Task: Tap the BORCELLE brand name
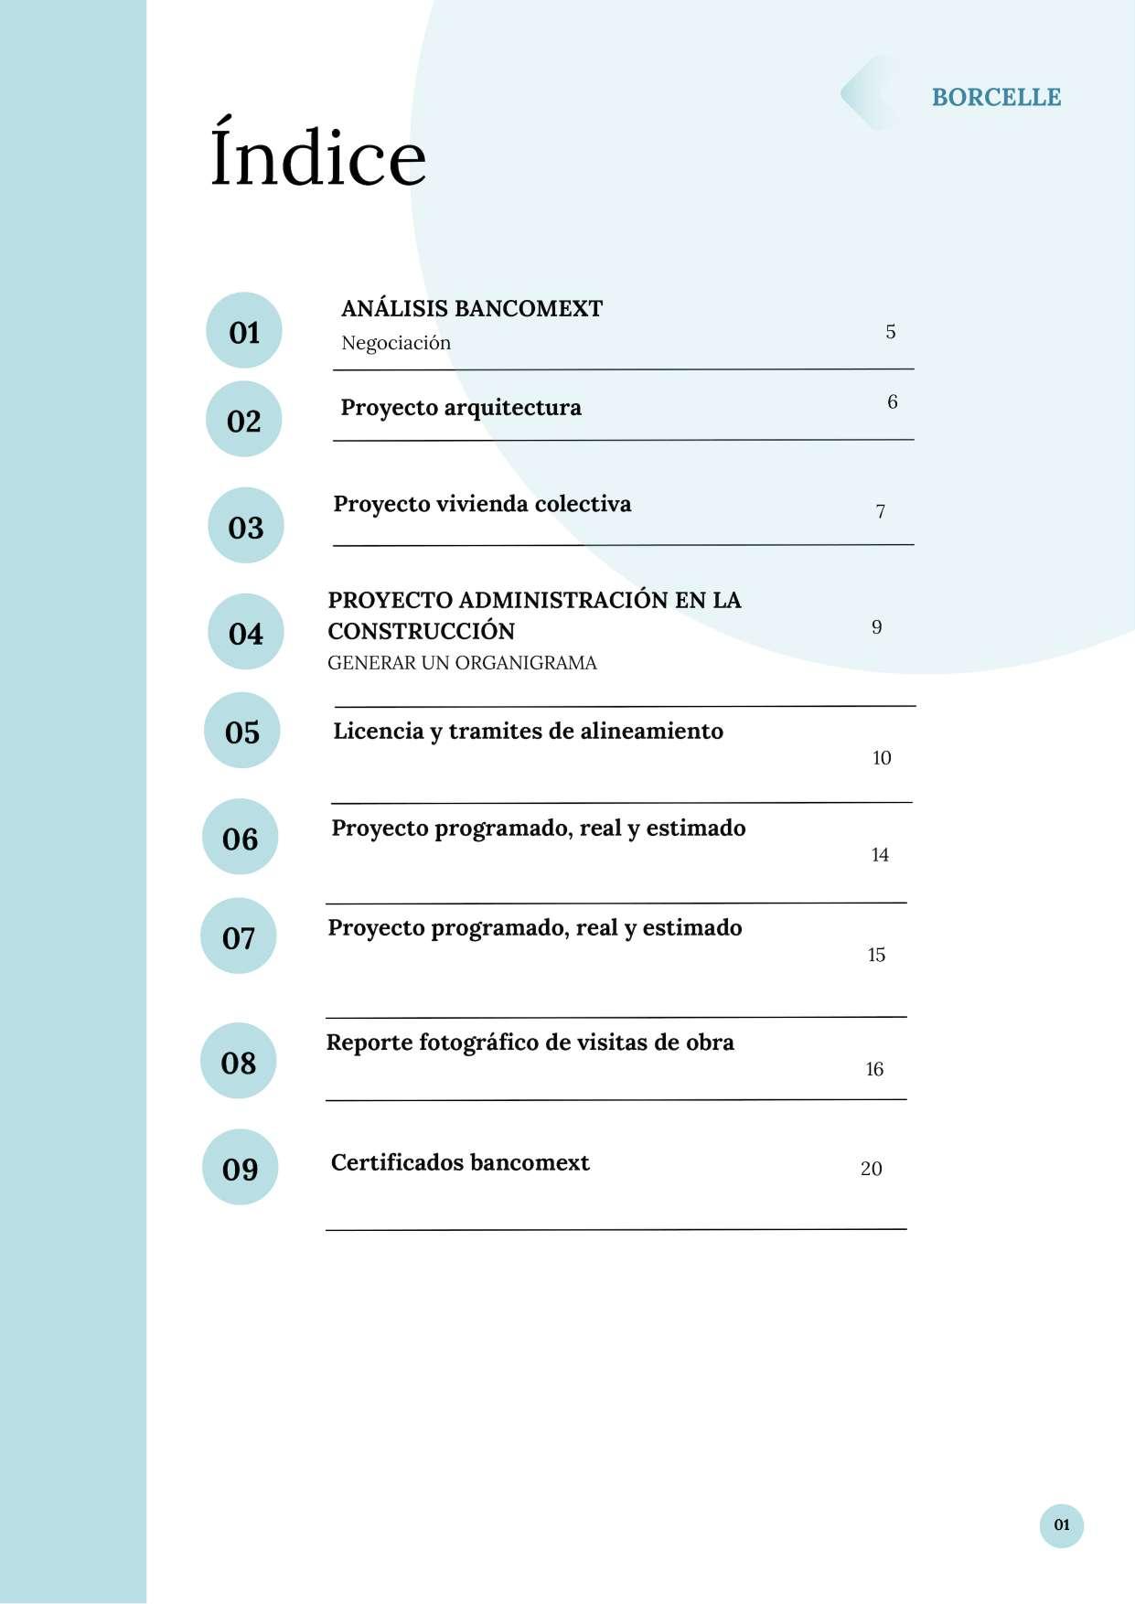(x=996, y=97)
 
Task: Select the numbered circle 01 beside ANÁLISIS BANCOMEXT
(x=243, y=331)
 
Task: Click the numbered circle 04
(x=245, y=632)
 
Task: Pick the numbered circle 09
(x=240, y=1168)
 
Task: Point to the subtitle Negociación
(x=396, y=343)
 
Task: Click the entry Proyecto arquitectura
(x=461, y=407)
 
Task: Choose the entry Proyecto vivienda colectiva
(x=482, y=504)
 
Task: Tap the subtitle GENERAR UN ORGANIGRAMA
(x=462, y=663)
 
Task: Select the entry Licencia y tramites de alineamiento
(x=528, y=731)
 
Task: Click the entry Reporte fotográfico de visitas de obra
(x=530, y=1043)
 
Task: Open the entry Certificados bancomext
(x=460, y=1162)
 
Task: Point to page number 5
(x=890, y=332)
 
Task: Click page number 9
(x=876, y=627)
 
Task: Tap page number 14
(x=879, y=855)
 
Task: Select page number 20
(x=871, y=1169)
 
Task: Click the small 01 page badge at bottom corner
(x=1061, y=1524)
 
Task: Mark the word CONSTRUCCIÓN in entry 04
(x=422, y=631)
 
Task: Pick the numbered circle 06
(x=240, y=838)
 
